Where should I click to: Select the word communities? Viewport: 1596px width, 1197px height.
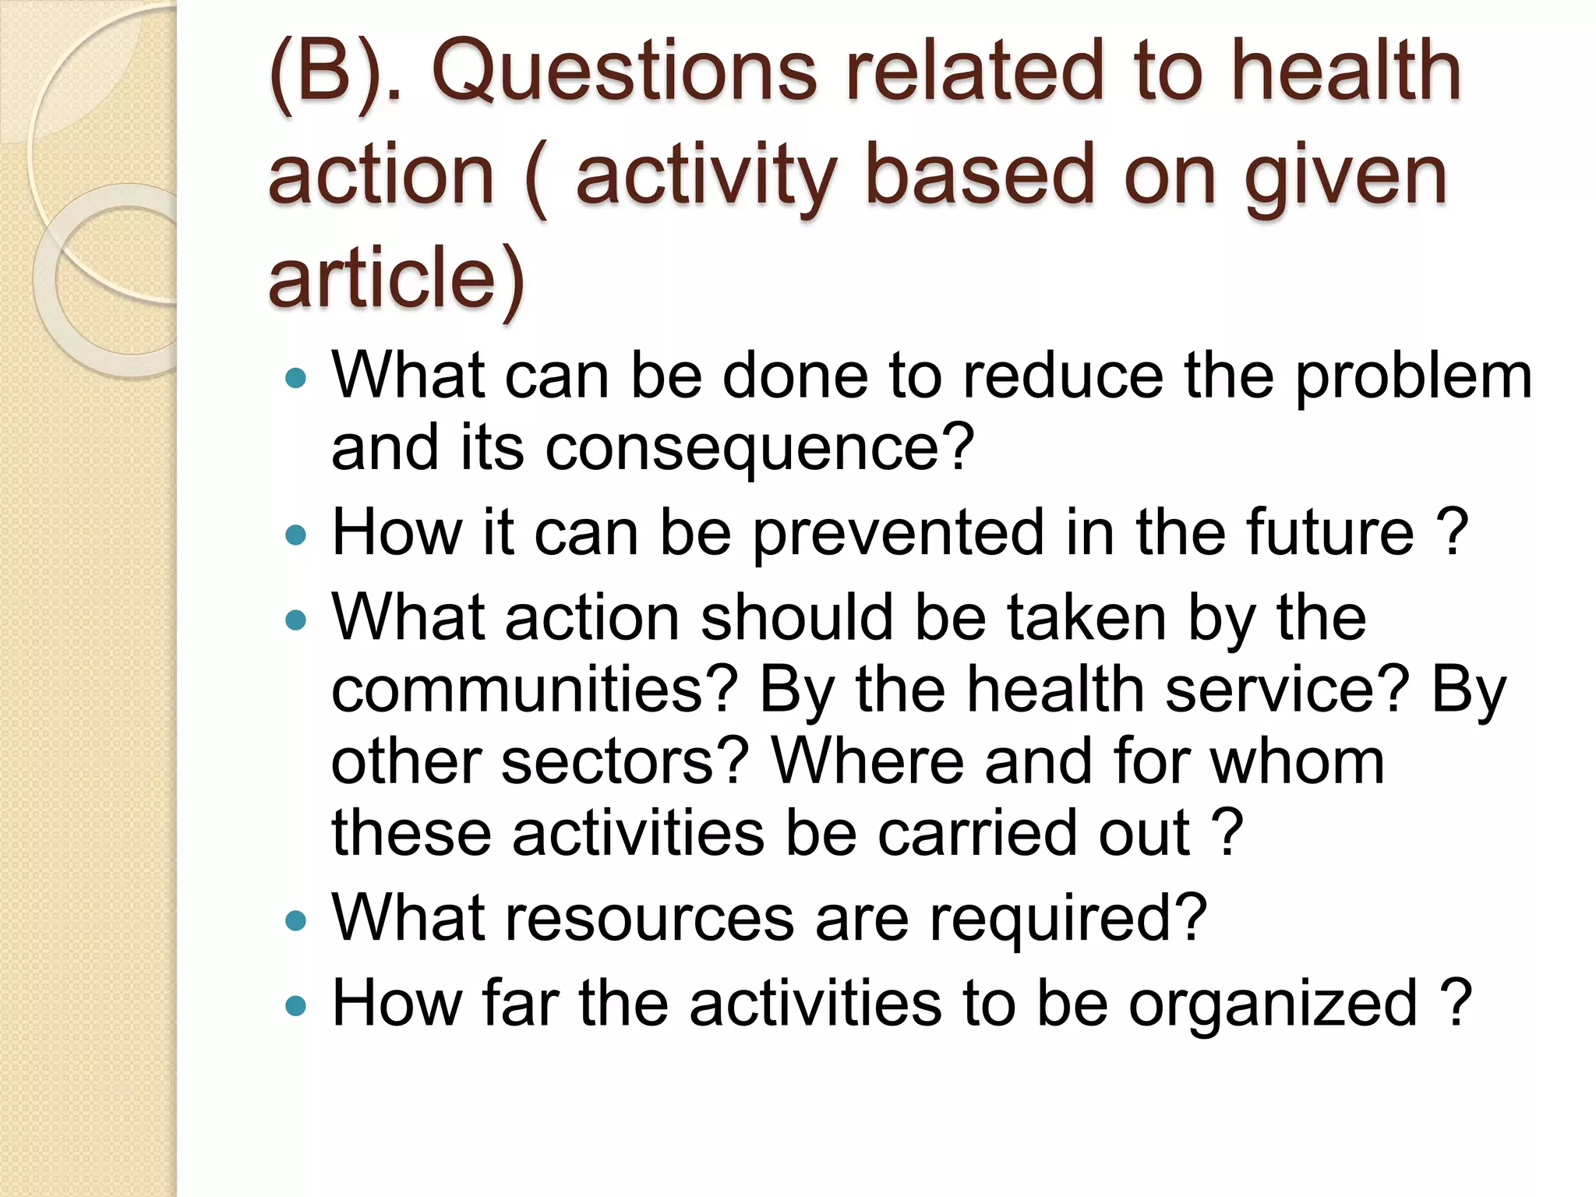coord(535,690)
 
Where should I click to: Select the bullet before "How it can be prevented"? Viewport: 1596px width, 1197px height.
coord(296,535)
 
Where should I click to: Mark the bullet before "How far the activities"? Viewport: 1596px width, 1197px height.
coord(296,1006)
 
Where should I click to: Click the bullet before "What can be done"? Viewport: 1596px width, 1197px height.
coord(296,380)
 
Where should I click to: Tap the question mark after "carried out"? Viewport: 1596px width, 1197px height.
coord(1227,833)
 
